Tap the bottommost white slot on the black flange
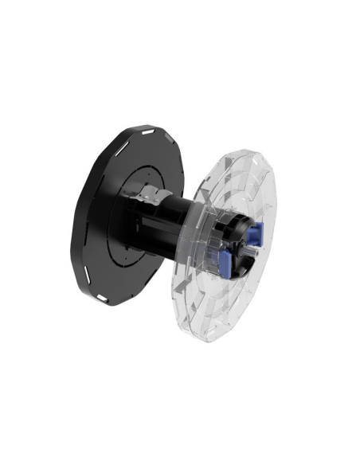point(103,298)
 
